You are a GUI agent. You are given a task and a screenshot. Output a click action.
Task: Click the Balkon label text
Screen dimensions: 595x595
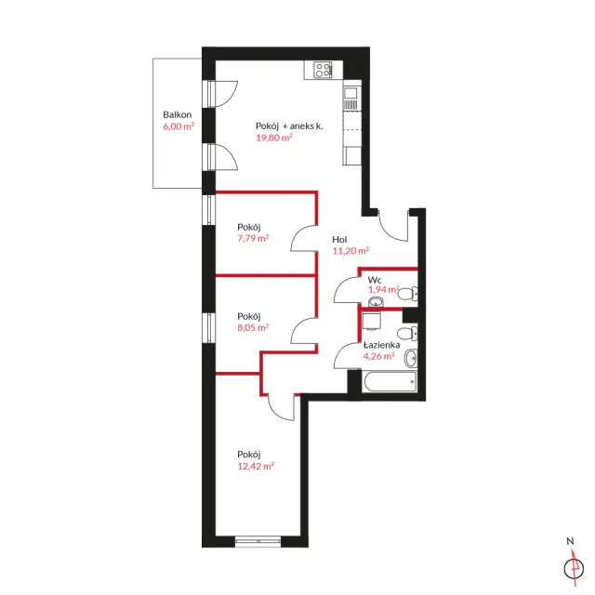(x=178, y=114)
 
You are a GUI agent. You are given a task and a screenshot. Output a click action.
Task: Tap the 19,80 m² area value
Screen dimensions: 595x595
(x=274, y=138)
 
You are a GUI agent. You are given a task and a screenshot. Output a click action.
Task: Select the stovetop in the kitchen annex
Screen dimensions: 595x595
(x=324, y=71)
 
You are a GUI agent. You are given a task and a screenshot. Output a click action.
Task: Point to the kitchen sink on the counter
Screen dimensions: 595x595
(x=350, y=93)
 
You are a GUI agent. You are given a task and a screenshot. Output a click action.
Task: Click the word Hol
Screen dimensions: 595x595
(x=339, y=240)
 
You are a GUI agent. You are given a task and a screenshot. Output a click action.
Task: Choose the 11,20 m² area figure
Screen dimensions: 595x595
(x=351, y=251)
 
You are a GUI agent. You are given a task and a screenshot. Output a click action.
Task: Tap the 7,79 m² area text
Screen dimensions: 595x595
(x=253, y=238)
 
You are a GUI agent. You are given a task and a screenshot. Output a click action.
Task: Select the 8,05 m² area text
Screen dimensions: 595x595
(x=253, y=327)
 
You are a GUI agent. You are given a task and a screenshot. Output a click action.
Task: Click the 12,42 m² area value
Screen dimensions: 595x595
(x=256, y=466)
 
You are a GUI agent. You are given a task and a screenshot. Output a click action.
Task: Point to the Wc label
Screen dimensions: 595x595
(x=375, y=280)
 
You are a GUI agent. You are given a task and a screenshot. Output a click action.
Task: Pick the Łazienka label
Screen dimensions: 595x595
(x=382, y=345)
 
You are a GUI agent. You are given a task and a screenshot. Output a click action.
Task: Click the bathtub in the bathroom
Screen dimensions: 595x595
(x=390, y=381)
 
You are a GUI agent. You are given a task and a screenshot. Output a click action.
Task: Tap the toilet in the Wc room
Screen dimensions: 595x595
(x=408, y=294)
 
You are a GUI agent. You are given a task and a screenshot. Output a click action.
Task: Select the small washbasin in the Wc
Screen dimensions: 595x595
(x=376, y=302)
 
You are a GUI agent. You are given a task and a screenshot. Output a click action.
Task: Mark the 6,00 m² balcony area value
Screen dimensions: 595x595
(x=178, y=126)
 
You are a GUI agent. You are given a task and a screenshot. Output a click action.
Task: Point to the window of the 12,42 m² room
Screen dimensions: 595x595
(x=258, y=541)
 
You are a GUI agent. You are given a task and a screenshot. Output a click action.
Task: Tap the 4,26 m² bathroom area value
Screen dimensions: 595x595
(x=379, y=356)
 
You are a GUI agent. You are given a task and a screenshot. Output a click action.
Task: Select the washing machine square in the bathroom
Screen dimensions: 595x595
(x=372, y=322)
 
